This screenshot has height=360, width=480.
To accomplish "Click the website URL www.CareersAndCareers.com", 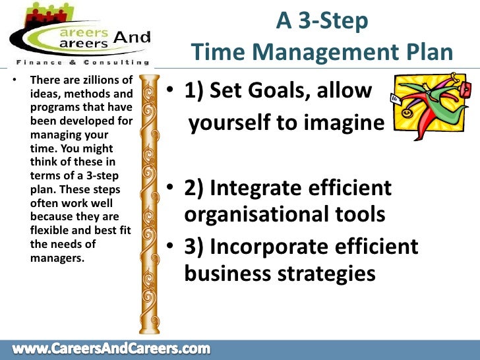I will pyautogui.click(x=111, y=348).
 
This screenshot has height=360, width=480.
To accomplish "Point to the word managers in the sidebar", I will pyautogui.click(x=57, y=257).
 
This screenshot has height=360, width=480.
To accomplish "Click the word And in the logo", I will pyautogui.click(x=132, y=38).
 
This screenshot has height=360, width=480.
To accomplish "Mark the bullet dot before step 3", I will pyautogui.click(x=170, y=247).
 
